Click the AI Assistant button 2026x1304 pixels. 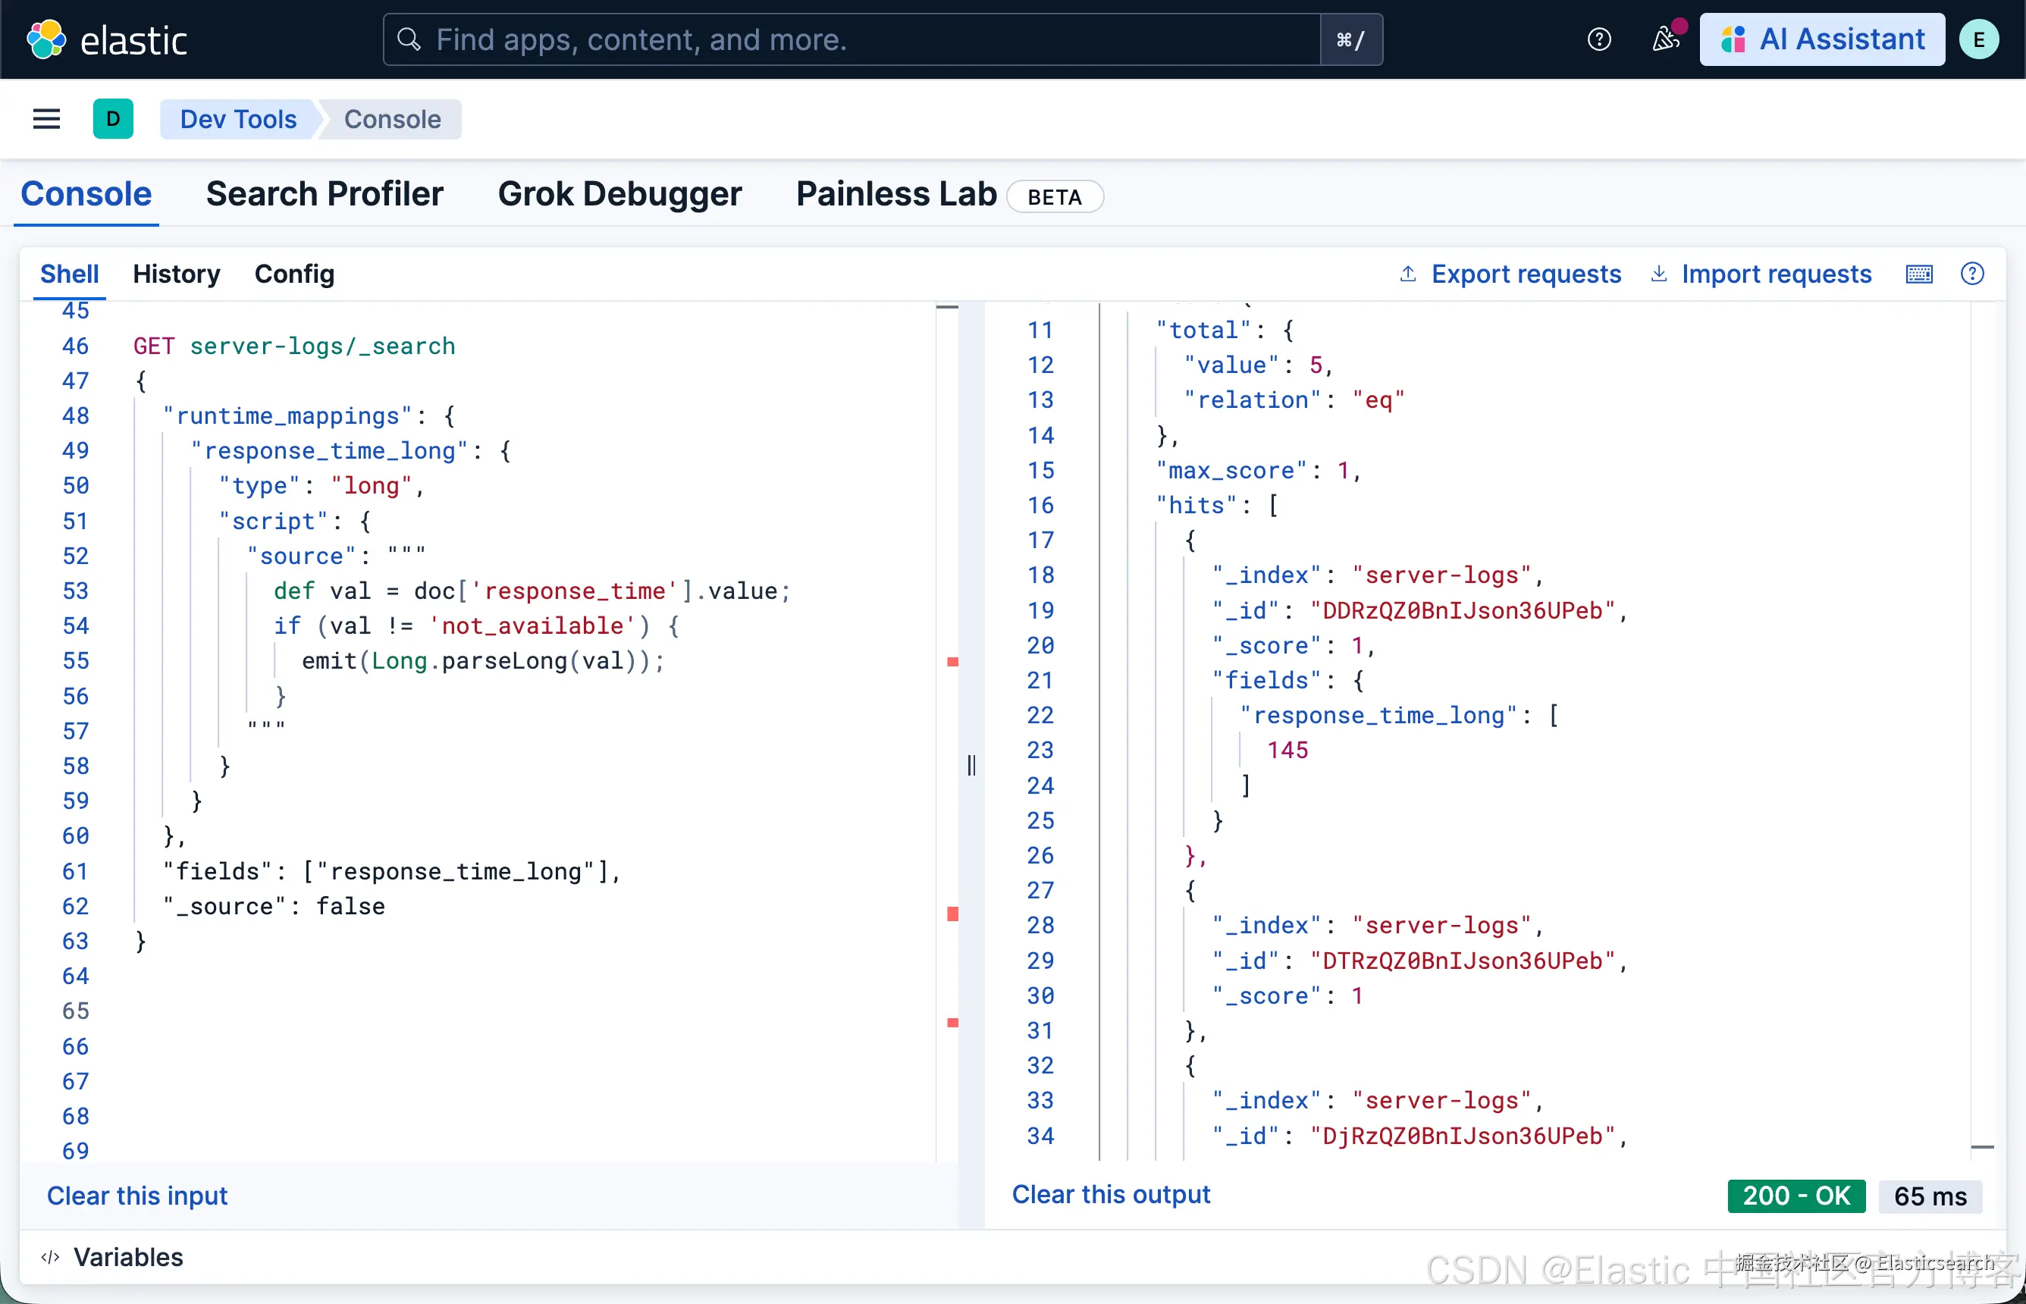[x=1822, y=39]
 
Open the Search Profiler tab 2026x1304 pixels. [x=325, y=194]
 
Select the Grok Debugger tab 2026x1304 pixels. [x=619, y=194]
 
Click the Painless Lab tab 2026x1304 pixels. [x=896, y=194]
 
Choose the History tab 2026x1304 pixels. [x=176, y=274]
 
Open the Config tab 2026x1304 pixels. [x=295, y=274]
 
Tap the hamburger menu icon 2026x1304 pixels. [x=46, y=119]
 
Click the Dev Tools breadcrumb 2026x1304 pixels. [x=238, y=119]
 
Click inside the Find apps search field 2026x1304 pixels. [x=851, y=39]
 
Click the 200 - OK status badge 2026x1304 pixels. [x=1796, y=1196]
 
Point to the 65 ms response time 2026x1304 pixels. [x=1930, y=1196]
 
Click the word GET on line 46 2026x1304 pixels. [x=154, y=346]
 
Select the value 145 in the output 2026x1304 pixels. [x=1287, y=751]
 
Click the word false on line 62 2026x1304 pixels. [x=350, y=907]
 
